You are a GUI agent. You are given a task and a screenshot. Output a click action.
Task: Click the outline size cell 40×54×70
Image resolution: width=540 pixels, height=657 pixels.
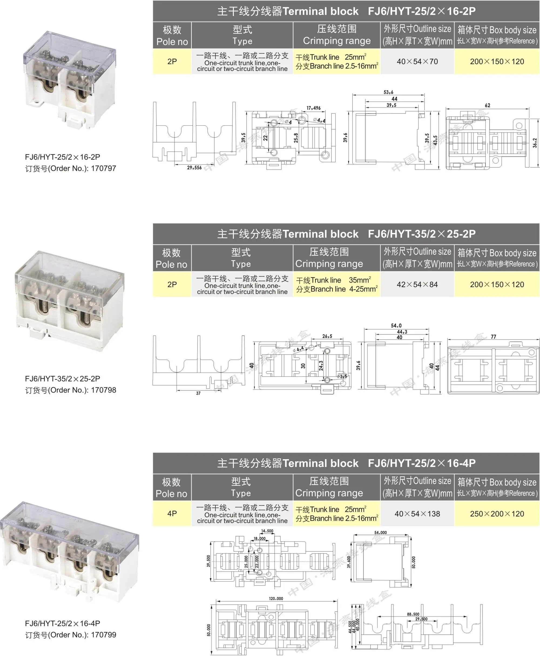tap(417, 61)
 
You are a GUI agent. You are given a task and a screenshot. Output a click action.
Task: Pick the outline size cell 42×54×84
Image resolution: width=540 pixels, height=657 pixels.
tap(417, 284)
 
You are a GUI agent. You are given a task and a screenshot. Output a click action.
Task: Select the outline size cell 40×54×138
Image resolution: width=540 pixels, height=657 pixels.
tap(417, 514)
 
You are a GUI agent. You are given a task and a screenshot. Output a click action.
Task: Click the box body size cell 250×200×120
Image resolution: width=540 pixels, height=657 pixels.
tap(497, 514)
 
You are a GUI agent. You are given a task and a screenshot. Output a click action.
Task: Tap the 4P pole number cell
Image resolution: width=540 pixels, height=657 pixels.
tap(172, 514)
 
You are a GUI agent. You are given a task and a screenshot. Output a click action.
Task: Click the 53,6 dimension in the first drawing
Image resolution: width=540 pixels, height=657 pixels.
tap(388, 92)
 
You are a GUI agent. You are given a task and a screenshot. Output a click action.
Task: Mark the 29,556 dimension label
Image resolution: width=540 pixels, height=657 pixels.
tap(194, 168)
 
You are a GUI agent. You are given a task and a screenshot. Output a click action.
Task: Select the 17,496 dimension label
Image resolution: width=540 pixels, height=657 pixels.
tap(313, 108)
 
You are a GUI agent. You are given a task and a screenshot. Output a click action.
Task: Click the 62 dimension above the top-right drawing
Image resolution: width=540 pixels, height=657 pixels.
tap(487, 106)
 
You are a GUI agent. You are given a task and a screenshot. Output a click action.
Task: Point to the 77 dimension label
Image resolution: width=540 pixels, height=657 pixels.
tap(493, 337)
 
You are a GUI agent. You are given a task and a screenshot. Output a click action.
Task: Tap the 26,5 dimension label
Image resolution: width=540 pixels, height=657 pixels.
tap(327, 336)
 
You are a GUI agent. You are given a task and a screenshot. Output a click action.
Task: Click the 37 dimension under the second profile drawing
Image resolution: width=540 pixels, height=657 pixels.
tap(198, 393)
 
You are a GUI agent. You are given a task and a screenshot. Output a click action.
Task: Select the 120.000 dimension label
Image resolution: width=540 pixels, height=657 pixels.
tap(276, 598)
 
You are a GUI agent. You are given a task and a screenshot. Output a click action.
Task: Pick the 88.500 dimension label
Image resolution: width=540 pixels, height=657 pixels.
tap(413, 614)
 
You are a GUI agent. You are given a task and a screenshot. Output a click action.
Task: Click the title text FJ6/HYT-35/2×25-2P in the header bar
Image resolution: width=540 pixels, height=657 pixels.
tap(421, 234)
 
